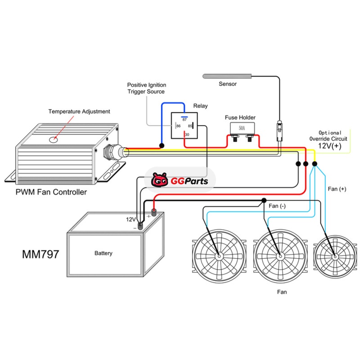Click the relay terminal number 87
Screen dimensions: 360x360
click(184, 119)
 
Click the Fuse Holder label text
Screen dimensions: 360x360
click(240, 117)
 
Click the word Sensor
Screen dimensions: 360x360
click(228, 84)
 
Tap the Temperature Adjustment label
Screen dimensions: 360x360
click(79, 111)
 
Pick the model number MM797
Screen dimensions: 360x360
click(40, 254)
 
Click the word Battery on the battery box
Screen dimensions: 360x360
click(103, 253)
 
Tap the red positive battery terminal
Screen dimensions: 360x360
click(153, 212)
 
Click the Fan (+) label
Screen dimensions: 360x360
click(337, 189)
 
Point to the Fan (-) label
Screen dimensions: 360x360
click(277, 206)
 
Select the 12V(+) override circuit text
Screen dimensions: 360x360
click(331, 146)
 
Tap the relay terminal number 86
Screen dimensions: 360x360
click(178, 126)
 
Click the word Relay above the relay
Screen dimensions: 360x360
click(201, 106)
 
